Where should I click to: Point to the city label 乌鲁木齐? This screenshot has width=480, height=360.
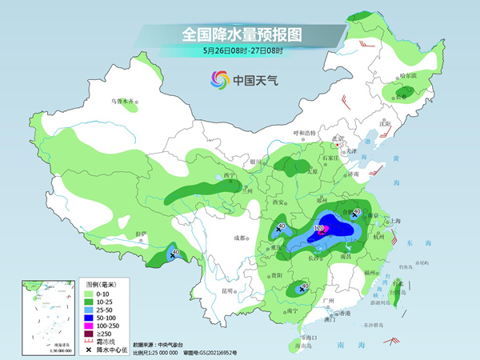coord(123,102)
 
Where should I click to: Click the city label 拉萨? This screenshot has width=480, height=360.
coord(141,234)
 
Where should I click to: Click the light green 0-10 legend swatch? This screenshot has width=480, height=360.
coord(90,294)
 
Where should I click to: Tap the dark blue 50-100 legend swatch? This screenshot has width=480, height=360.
coord(90,318)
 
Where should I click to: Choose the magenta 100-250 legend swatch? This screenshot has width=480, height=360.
coord(90,326)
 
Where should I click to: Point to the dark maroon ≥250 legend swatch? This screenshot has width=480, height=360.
coord(90,334)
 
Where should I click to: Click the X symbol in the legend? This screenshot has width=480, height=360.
coord(90,350)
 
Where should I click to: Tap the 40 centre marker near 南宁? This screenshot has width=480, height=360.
coord(302,286)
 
